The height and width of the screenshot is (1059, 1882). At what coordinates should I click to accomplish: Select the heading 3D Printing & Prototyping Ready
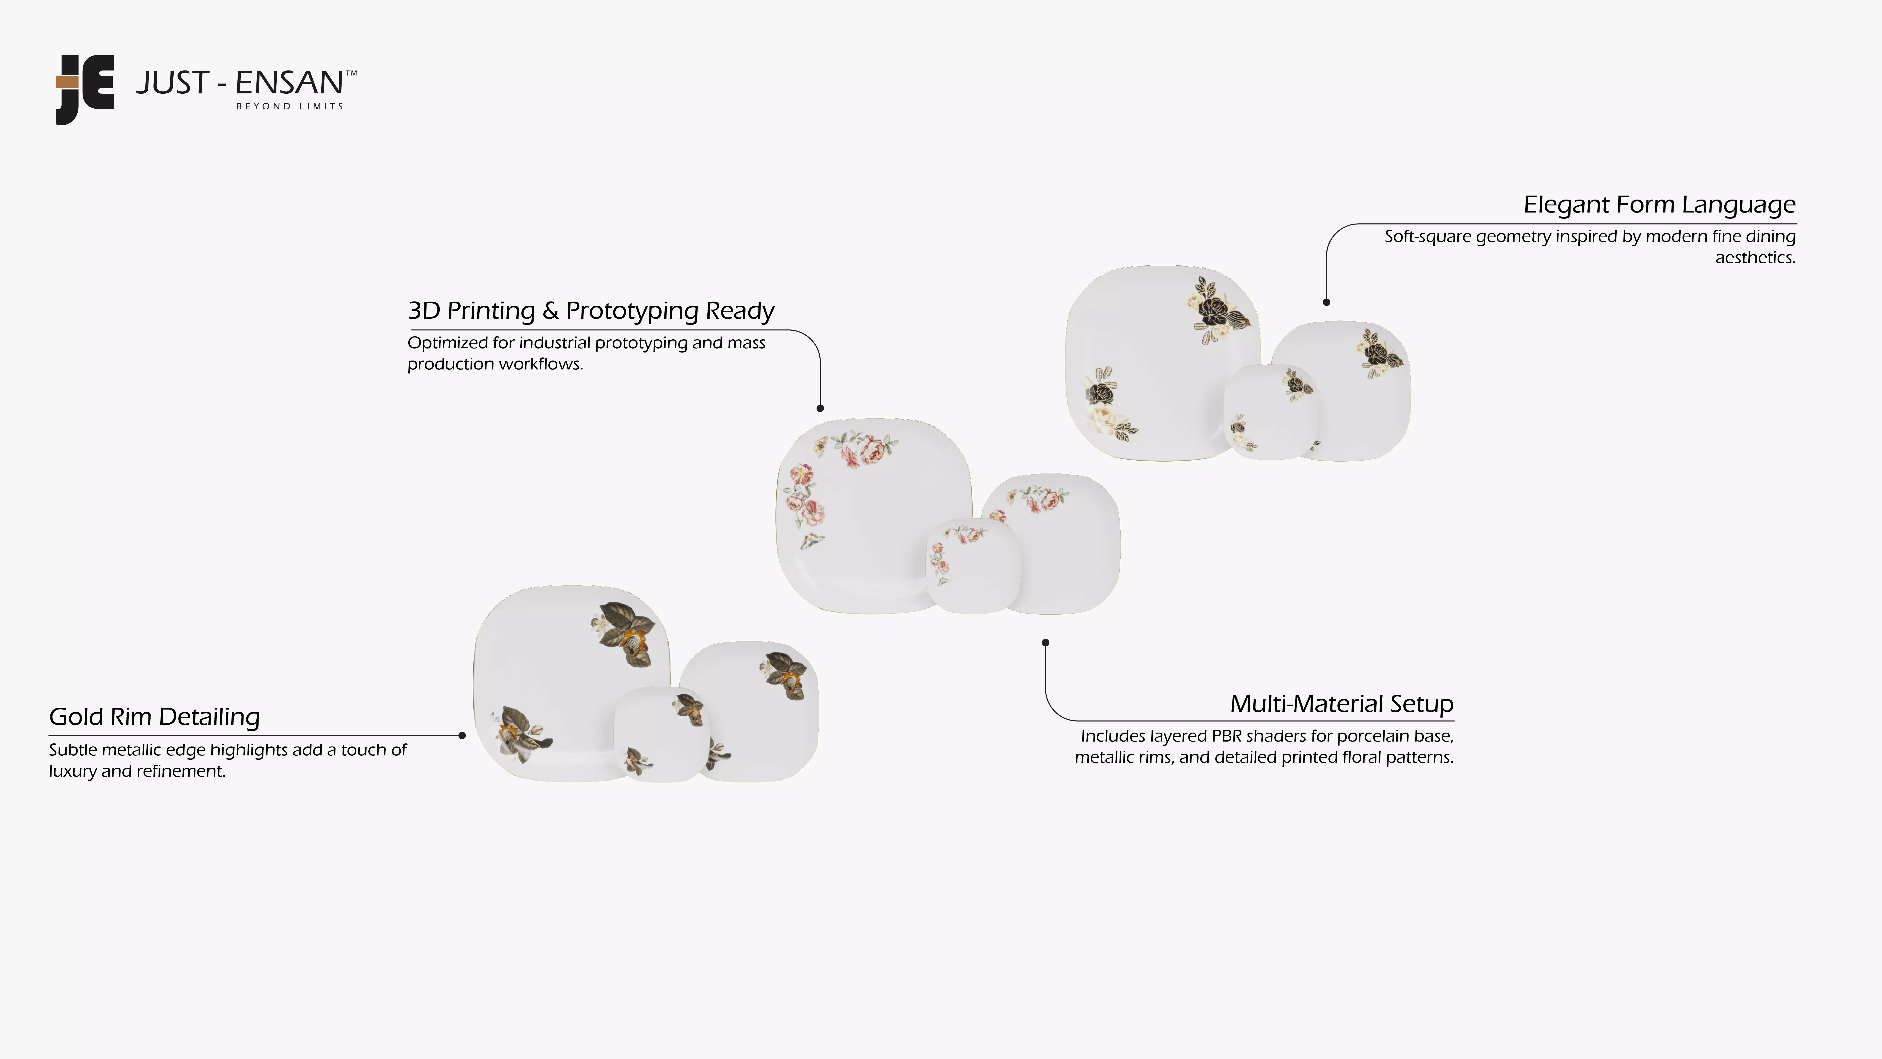point(590,311)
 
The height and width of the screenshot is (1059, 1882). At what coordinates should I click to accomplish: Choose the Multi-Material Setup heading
point(1341,704)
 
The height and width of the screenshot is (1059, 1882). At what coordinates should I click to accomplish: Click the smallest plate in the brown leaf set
point(661,734)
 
